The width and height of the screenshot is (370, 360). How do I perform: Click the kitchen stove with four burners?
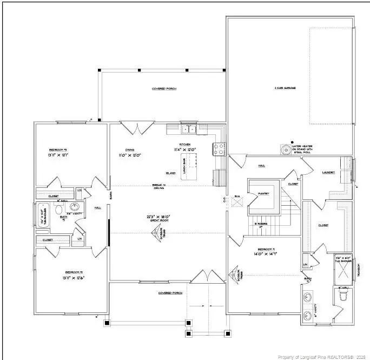(x=219, y=149)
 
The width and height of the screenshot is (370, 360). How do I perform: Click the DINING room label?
(x=130, y=150)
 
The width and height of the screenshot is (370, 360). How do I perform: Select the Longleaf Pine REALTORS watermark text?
(x=322, y=356)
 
